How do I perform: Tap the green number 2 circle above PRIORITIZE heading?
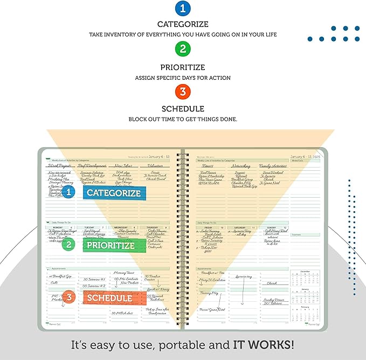coord(183,50)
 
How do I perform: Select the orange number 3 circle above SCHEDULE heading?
coord(183,89)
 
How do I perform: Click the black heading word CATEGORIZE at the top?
coord(183,24)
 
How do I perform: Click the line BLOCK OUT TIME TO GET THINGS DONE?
coord(183,118)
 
